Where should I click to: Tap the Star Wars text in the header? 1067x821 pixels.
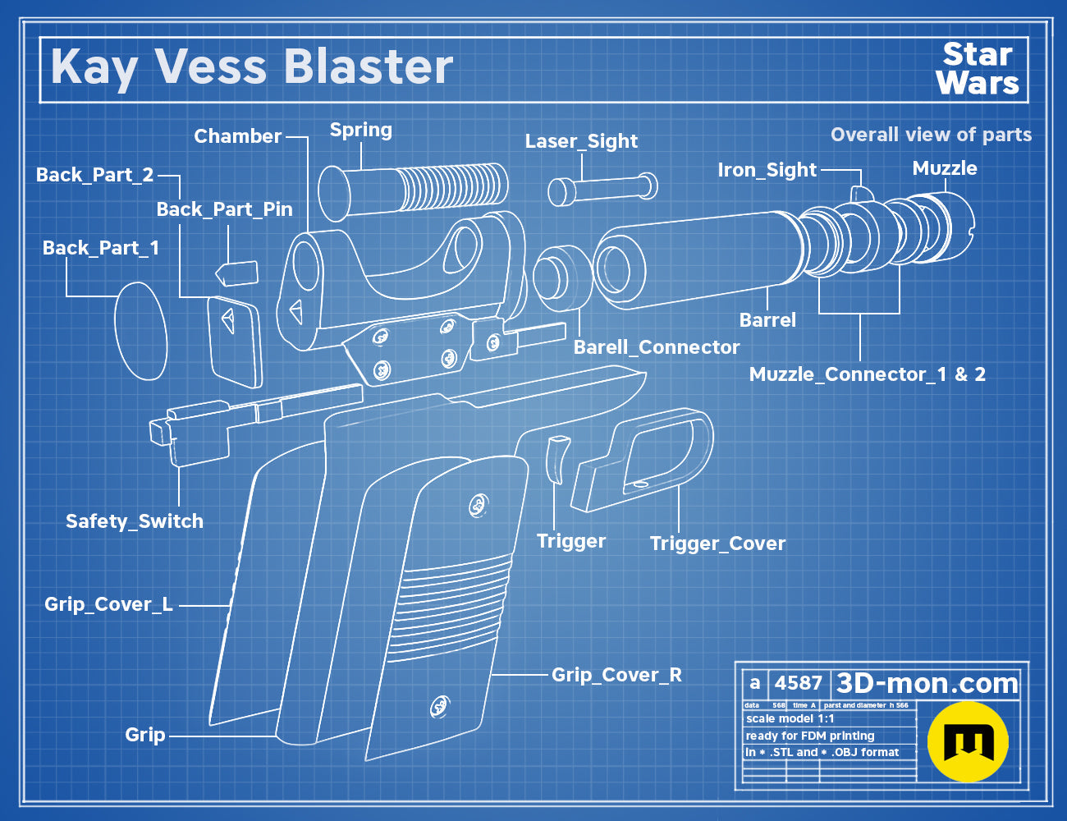pyautogui.click(x=978, y=69)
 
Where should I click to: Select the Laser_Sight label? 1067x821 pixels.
pyautogui.click(x=581, y=141)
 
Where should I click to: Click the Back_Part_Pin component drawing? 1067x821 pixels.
pyautogui.click(x=237, y=273)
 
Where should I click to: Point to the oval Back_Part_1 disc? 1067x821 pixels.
pyautogui.click(x=141, y=331)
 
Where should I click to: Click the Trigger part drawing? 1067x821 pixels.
pyautogui.click(x=557, y=459)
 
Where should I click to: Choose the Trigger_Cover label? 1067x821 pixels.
pyautogui.click(x=717, y=544)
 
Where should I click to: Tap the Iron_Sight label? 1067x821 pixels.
pyautogui.click(x=767, y=170)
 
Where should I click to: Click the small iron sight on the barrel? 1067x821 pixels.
pyautogui.click(x=861, y=195)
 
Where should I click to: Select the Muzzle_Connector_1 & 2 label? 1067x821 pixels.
pyautogui.click(x=868, y=374)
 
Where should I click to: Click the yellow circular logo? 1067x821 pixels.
pyautogui.click(x=968, y=741)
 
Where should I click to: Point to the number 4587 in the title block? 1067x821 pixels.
pyautogui.click(x=798, y=683)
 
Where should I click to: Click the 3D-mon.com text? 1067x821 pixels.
pyautogui.click(x=927, y=683)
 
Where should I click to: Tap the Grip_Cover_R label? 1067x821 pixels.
pyautogui.click(x=616, y=675)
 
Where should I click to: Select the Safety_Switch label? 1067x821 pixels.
pyautogui.click(x=135, y=521)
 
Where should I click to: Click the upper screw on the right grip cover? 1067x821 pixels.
pyautogui.click(x=478, y=506)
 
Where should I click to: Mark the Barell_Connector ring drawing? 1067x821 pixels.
pyautogui.click(x=563, y=278)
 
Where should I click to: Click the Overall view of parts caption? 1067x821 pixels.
pyautogui.click(x=931, y=135)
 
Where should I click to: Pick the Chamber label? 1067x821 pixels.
pyautogui.click(x=238, y=136)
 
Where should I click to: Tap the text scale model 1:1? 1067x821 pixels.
pyautogui.click(x=790, y=719)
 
